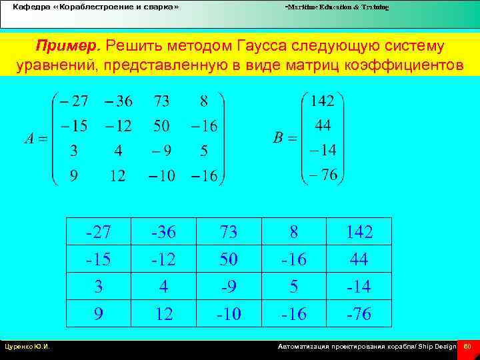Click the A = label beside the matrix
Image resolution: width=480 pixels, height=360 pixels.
35,139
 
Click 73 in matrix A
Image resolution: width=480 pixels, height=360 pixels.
161,101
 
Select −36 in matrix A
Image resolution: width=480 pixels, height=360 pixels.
118,101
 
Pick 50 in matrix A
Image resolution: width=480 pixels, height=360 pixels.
161,126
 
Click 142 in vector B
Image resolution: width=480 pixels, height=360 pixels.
323,101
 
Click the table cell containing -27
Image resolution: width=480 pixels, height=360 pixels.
99,231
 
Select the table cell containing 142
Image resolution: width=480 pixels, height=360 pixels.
359,231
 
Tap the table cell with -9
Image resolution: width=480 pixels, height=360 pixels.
229,286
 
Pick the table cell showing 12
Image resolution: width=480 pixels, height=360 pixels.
164,313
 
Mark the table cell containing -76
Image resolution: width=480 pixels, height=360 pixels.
359,313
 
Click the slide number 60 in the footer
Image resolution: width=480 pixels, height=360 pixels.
467,347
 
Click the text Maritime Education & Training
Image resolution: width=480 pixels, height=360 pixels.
337,7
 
